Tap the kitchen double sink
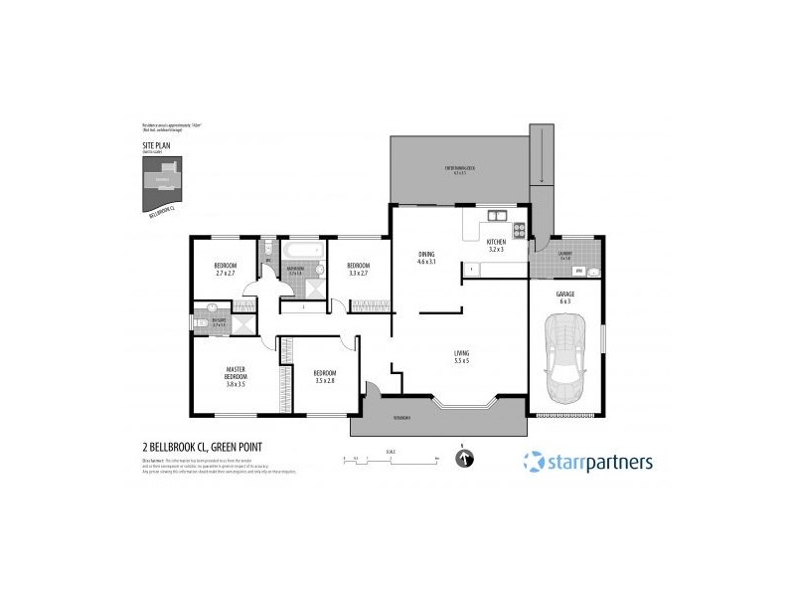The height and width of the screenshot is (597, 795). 493,216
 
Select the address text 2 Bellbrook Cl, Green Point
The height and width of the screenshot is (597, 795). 203,448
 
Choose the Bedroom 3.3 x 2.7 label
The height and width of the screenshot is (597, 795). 358,269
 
